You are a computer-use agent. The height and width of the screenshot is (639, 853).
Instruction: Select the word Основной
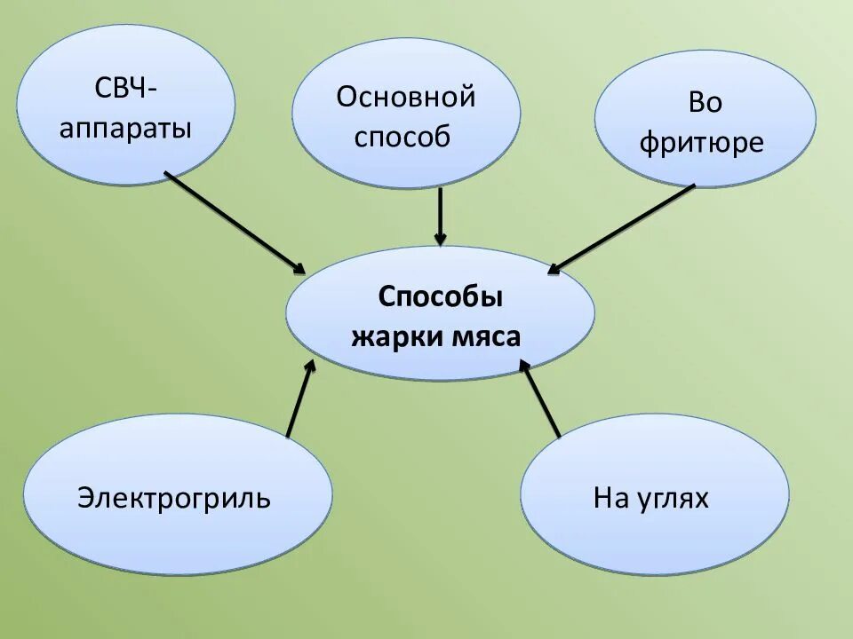pyautogui.click(x=406, y=97)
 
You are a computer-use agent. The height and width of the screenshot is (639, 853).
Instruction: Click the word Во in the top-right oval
pyautogui.click(x=705, y=103)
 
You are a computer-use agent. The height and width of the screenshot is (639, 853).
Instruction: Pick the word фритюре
pyautogui.click(x=702, y=143)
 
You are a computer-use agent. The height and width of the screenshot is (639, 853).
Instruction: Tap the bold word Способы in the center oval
pyautogui.click(x=440, y=296)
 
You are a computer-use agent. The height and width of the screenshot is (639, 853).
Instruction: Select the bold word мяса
pyautogui.click(x=487, y=336)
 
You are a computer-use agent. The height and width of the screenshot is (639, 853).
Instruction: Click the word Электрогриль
pyautogui.click(x=174, y=497)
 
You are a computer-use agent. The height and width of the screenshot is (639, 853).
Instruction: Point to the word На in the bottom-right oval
pyautogui.click(x=610, y=498)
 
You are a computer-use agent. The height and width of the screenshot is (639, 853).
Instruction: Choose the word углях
pyautogui.click(x=674, y=498)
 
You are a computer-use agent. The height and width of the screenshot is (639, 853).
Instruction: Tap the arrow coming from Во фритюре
pyautogui.click(x=622, y=227)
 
